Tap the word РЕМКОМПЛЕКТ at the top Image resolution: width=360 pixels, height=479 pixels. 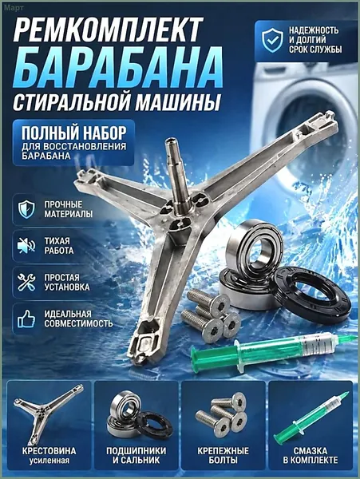[107, 29]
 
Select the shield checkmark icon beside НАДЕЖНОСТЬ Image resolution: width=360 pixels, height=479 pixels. [272, 40]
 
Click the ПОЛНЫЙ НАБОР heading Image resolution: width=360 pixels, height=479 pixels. [73, 132]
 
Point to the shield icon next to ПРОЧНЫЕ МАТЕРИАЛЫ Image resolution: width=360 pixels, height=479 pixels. [26, 209]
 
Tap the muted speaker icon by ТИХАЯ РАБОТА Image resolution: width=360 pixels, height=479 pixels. [26, 245]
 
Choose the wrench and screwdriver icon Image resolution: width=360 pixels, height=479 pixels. [26, 282]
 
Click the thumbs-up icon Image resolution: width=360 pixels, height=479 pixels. [26, 319]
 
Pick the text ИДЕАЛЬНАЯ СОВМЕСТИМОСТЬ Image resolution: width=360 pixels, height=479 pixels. [78, 319]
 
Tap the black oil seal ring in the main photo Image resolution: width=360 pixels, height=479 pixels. [311, 295]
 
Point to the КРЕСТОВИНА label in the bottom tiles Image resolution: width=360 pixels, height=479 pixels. [49, 450]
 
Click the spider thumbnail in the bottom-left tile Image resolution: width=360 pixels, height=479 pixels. [47, 413]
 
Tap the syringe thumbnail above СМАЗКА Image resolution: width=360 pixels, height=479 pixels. [311, 415]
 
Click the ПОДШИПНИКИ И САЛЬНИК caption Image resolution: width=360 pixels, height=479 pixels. [136, 455]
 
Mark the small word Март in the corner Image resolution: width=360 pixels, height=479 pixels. [14, 8]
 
